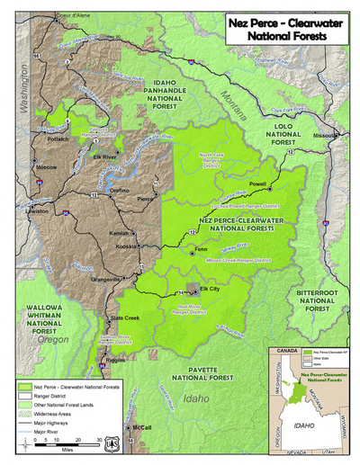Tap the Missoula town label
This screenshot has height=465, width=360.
coord(326,136)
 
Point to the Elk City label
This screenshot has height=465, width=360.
coord(209,288)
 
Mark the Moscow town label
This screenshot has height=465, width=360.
coord(45,168)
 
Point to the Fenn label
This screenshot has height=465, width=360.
coord(201,248)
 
